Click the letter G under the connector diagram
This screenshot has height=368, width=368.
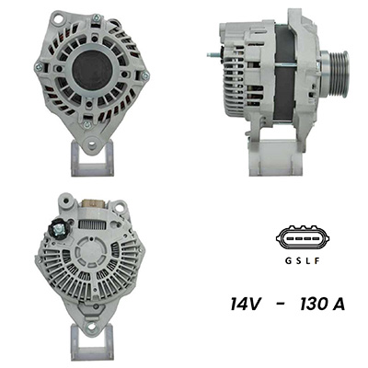tap(288, 261)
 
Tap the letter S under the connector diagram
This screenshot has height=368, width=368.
tap(298, 261)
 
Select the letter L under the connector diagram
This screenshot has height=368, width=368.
tap(308, 261)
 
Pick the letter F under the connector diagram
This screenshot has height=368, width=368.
tap(317, 261)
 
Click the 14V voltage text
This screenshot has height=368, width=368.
tap(246, 305)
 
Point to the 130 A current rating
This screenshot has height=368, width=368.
tap(323, 305)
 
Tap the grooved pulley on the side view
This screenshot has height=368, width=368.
tap(335, 73)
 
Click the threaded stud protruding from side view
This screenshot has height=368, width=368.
tap(213, 55)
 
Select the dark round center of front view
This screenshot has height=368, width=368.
tap(93, 71)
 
